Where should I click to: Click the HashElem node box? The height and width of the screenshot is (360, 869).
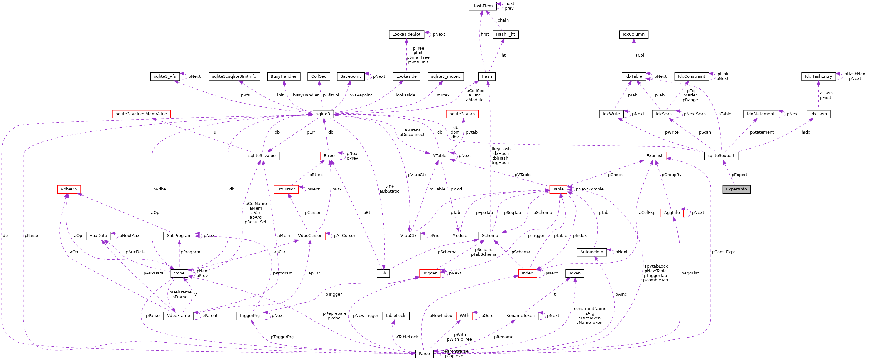pyautogui.click(x=482, y=6)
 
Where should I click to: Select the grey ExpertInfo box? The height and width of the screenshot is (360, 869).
pyautogui.click(x=736, y=189)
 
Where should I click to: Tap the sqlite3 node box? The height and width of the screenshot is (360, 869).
pyautogui.click(x=323, y=114)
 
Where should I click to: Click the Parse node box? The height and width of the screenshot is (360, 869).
pyautogui.click(x=424, y=353)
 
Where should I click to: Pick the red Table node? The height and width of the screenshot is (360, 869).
pyautogui.click(x=558, y=189)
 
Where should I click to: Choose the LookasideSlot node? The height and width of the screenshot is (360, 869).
pyautogui.click(x=406, y=34)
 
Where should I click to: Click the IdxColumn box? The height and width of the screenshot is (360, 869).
pyautogui.click(x=633, y=34)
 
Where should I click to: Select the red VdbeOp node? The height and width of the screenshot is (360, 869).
pyautogui.click(x=69, y=189)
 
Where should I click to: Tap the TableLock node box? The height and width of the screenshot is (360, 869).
pyautogui.click(x=395, y=316)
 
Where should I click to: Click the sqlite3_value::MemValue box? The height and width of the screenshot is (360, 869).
pyautogui.click(x=141, y=114)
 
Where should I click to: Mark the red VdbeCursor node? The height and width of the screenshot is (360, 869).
pyautogui.click(x=310, y=236)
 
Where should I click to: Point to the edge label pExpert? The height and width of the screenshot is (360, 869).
pyautogui.click(x=739, y=175)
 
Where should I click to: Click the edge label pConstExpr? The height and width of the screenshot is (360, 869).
pyautogui.click(x=723, y=252)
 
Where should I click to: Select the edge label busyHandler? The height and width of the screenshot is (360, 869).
pyautogui.click(x=306, y=95)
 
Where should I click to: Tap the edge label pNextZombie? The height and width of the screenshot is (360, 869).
pyautogui.click(x=589, y=189)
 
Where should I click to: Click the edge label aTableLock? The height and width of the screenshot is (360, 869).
pyautogui.click(x=407, y=337)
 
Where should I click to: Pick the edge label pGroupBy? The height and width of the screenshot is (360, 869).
pyautogui.click(x=671, y=175)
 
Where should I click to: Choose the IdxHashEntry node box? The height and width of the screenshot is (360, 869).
pyautogui.click(x=818, y=76)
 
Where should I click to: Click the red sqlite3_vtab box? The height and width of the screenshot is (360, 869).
pyautogui.click(x=462, y=114)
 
